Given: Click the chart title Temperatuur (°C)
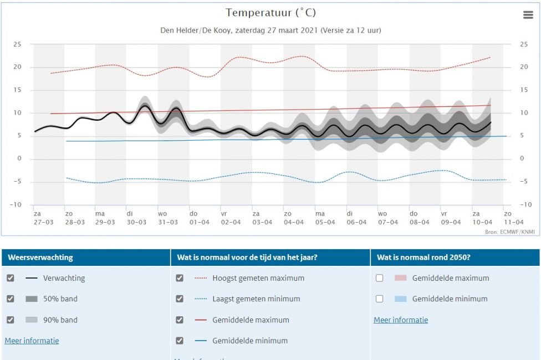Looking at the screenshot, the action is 270,13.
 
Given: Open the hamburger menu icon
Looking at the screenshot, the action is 528,15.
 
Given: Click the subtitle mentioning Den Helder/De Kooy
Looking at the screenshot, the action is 270,30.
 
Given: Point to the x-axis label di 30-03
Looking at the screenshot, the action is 136,218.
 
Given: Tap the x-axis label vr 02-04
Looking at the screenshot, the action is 231,218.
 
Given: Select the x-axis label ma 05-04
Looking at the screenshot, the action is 325,218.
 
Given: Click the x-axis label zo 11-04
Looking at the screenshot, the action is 514,218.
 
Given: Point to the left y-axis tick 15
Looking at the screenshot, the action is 17,90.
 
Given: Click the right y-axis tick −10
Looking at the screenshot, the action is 525,204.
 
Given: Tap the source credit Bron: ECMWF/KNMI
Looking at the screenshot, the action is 510,232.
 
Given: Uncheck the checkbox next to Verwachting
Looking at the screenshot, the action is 11,278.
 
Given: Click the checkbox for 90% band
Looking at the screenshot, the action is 11,320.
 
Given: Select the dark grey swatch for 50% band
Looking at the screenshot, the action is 32,299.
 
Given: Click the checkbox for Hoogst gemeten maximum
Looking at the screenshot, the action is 180,278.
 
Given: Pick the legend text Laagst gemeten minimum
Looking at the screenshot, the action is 256,299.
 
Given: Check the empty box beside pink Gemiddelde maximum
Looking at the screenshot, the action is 379,278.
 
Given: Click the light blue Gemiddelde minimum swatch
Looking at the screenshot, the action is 401,299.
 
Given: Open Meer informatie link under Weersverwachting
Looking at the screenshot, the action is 32,341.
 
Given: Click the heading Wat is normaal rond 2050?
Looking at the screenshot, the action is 423,258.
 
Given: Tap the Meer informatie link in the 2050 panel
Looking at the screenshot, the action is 401,320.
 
